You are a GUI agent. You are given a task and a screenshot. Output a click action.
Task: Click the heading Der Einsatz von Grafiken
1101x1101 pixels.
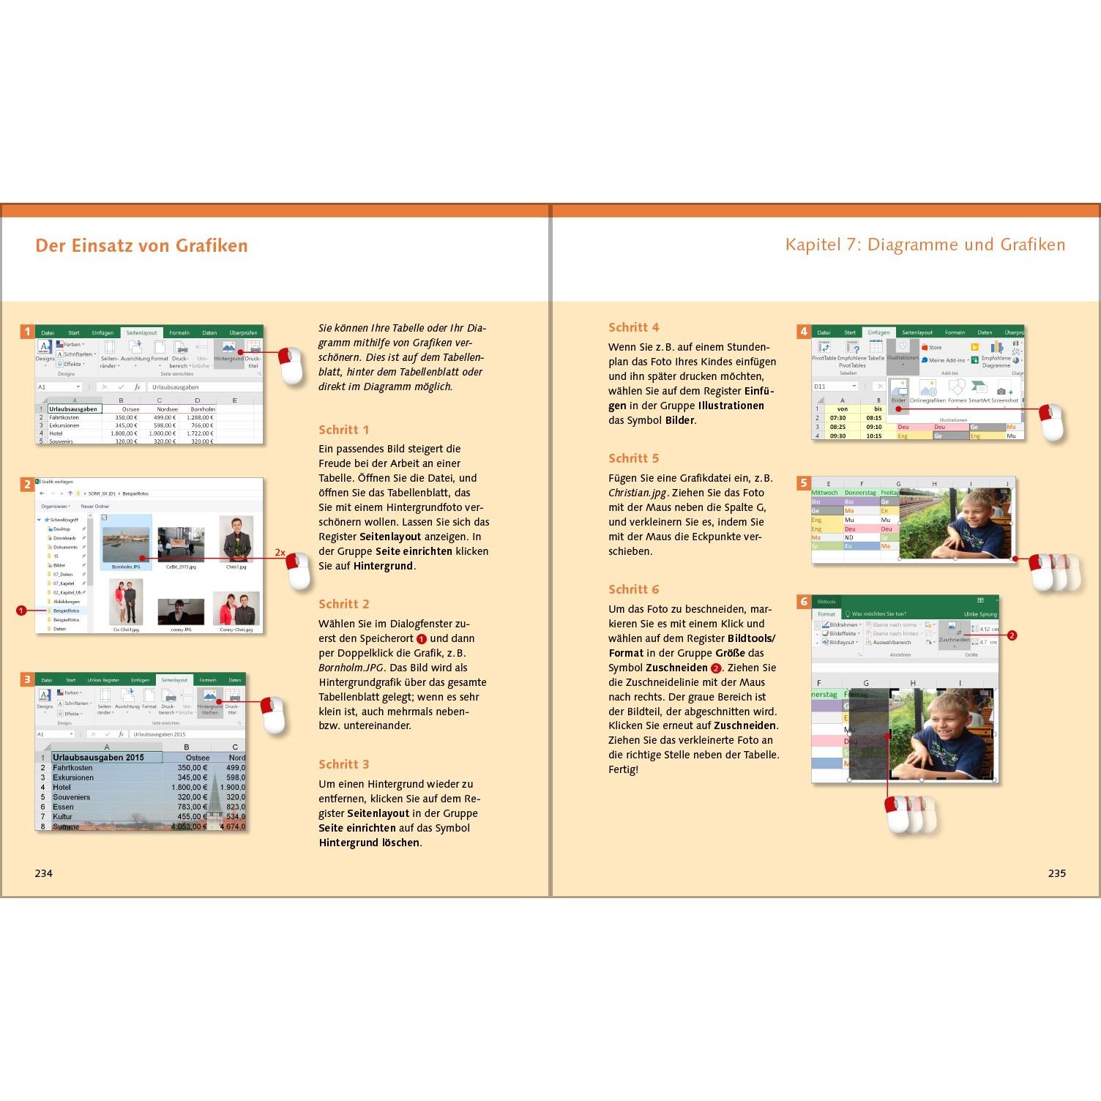pyautogui.click(x=141, y=245)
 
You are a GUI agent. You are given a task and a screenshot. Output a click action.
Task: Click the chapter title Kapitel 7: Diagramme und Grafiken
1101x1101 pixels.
pyautogui.click(x=925, y=245)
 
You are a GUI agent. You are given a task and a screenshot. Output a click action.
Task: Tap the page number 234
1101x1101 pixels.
pyautogui.click(x=44, y=873)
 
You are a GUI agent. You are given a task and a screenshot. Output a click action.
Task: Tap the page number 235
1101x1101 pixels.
pyautogui.click(x=1056, y=873)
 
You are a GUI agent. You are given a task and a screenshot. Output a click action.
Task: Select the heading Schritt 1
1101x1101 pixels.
pyautogui.click(x=343, y=430)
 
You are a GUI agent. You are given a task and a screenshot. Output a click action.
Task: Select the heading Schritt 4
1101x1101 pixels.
pyautogui.click(x=633, y=327)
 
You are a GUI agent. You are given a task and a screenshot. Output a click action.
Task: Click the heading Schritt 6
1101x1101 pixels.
pyautogui.click(x=633, y=589)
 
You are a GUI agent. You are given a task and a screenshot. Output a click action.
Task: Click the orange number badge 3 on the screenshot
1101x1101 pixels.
pyautogui.click(x=27, y=679)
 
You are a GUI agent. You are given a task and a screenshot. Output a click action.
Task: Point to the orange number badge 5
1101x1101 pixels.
pyautogui.click(x=804, y=483)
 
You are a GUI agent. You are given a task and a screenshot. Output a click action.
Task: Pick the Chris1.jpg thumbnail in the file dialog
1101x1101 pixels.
pyautogui.click(x=236, y=542)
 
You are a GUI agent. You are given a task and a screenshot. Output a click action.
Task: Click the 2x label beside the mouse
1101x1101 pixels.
pyautogui.click(x=280, y=553)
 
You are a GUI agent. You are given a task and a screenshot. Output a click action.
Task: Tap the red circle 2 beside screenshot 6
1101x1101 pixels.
pyautogui.click(x=1012, y=635)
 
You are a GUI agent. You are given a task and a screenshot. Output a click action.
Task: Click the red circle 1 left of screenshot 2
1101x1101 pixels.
pyautogui.click(x=21, y=610)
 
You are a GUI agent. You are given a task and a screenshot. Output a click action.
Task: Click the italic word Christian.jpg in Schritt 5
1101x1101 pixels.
pyautogui.click(x=637, y=493)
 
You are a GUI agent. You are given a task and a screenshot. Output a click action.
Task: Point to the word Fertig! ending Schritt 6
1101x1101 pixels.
pyautogui.click(x=623, y=769)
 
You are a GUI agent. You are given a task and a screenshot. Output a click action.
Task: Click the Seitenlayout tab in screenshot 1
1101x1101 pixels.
pyautogui.click(x=141, y=332)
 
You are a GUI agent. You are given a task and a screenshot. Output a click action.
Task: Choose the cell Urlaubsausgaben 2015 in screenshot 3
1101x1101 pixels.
pyautogui.click(x=98, y=757)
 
